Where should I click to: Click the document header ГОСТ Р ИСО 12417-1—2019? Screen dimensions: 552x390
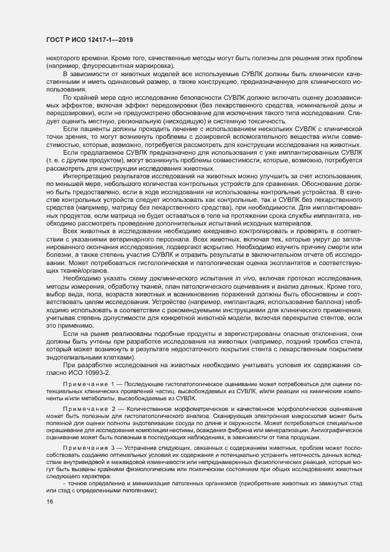pyautogui.click(x=89, y=40)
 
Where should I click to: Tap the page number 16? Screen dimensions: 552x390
pyautogui.click(x=49, y=518)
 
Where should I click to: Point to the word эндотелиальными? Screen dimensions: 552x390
pyautogui.click(x=76, y=357)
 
